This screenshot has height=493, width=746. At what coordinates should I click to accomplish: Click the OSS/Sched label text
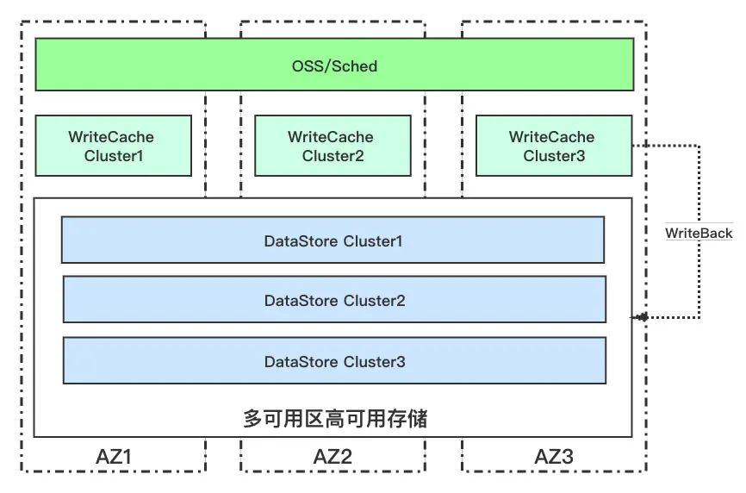click(x=334, y=66)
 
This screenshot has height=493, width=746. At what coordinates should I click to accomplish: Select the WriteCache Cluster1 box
click(x=113, y=146)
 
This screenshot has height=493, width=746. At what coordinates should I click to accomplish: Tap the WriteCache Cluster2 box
click(x=333, y=146)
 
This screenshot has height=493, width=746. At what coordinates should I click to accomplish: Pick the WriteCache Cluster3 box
click(x=554, y=146)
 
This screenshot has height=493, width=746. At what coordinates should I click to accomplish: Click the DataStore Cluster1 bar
click(x=333, y=240)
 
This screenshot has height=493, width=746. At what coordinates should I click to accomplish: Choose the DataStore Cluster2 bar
click(x=334, y=299)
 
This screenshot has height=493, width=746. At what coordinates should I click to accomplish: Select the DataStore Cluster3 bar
click(x=334, y=360)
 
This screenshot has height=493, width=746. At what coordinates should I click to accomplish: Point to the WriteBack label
click(x=699, y=234)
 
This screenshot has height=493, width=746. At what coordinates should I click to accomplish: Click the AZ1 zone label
click(x=113, y=457)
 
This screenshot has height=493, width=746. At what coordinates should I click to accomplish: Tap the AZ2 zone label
click(x=333, y=457)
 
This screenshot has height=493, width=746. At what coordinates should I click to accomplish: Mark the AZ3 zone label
click(x=554, y=457)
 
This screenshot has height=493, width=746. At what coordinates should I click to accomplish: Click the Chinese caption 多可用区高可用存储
click(x=335, y=418)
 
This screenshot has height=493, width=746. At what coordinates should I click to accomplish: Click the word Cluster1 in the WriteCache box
click(x=113, y=156)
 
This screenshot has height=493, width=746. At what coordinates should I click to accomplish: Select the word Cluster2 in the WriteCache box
click(x=333, y=156)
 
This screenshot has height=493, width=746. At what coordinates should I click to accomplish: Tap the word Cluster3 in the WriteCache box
click(x=554, y=156)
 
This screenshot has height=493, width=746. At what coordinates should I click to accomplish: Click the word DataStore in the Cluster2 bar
click(x=302, y=301)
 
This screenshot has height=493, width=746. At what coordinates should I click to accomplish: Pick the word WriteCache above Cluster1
click(x=111, y=137)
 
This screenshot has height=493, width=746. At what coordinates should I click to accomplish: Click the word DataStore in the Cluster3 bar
click(x=302, y=362)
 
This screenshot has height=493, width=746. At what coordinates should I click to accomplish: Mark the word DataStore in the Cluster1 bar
click(x=302, y=241)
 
